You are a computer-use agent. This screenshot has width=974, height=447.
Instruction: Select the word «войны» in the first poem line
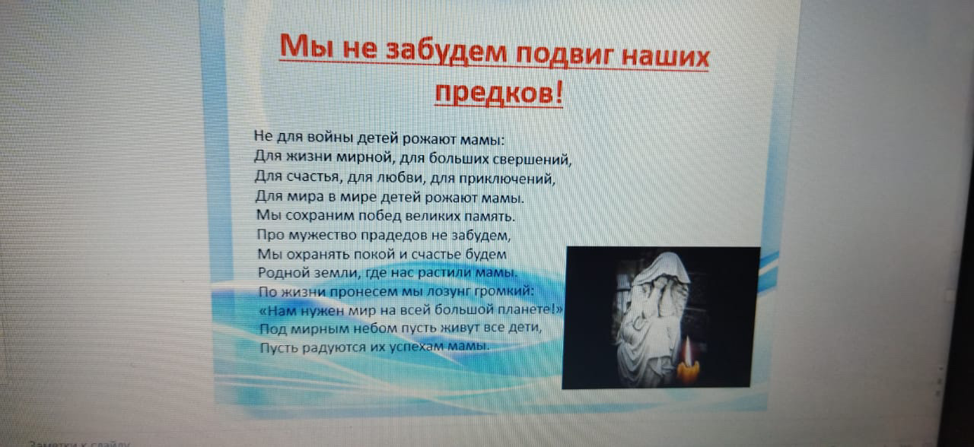(330, 138)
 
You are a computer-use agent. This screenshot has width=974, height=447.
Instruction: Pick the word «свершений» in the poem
(530, 160)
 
